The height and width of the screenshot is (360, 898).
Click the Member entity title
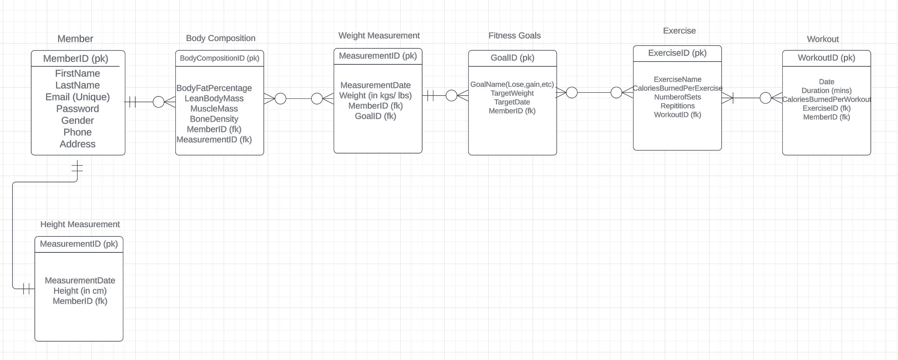coord(75,39)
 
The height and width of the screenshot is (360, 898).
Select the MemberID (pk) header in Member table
coord(76,59)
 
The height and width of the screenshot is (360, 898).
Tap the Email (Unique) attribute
coord(77,97)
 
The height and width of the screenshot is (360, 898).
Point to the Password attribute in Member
coord(77,109)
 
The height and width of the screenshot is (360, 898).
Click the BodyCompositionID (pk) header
coord(219,58)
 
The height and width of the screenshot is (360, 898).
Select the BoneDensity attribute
coord(214,119)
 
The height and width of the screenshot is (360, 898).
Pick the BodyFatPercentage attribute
coord(214,88)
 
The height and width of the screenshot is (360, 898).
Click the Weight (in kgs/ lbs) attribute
coord(375,96)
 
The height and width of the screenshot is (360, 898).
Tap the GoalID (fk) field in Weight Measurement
coord(375,116)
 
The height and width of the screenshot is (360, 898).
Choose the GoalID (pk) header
coord(512,58)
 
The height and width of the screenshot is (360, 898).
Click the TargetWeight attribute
coord(512,93)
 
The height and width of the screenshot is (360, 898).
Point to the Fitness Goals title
coord(514,36)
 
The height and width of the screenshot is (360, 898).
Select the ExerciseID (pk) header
coord(677,53)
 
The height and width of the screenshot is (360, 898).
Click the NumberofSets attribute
coord(677,97)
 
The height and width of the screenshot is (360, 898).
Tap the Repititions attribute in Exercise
coord(677,106)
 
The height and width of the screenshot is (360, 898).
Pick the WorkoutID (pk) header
coord(826,58)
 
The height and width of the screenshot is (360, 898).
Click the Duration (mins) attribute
coord(826,91)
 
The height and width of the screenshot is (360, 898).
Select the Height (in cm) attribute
coord(80,291)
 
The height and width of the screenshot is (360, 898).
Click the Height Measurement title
coord(80,224)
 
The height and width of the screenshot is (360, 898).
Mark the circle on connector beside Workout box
coord(765,98)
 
